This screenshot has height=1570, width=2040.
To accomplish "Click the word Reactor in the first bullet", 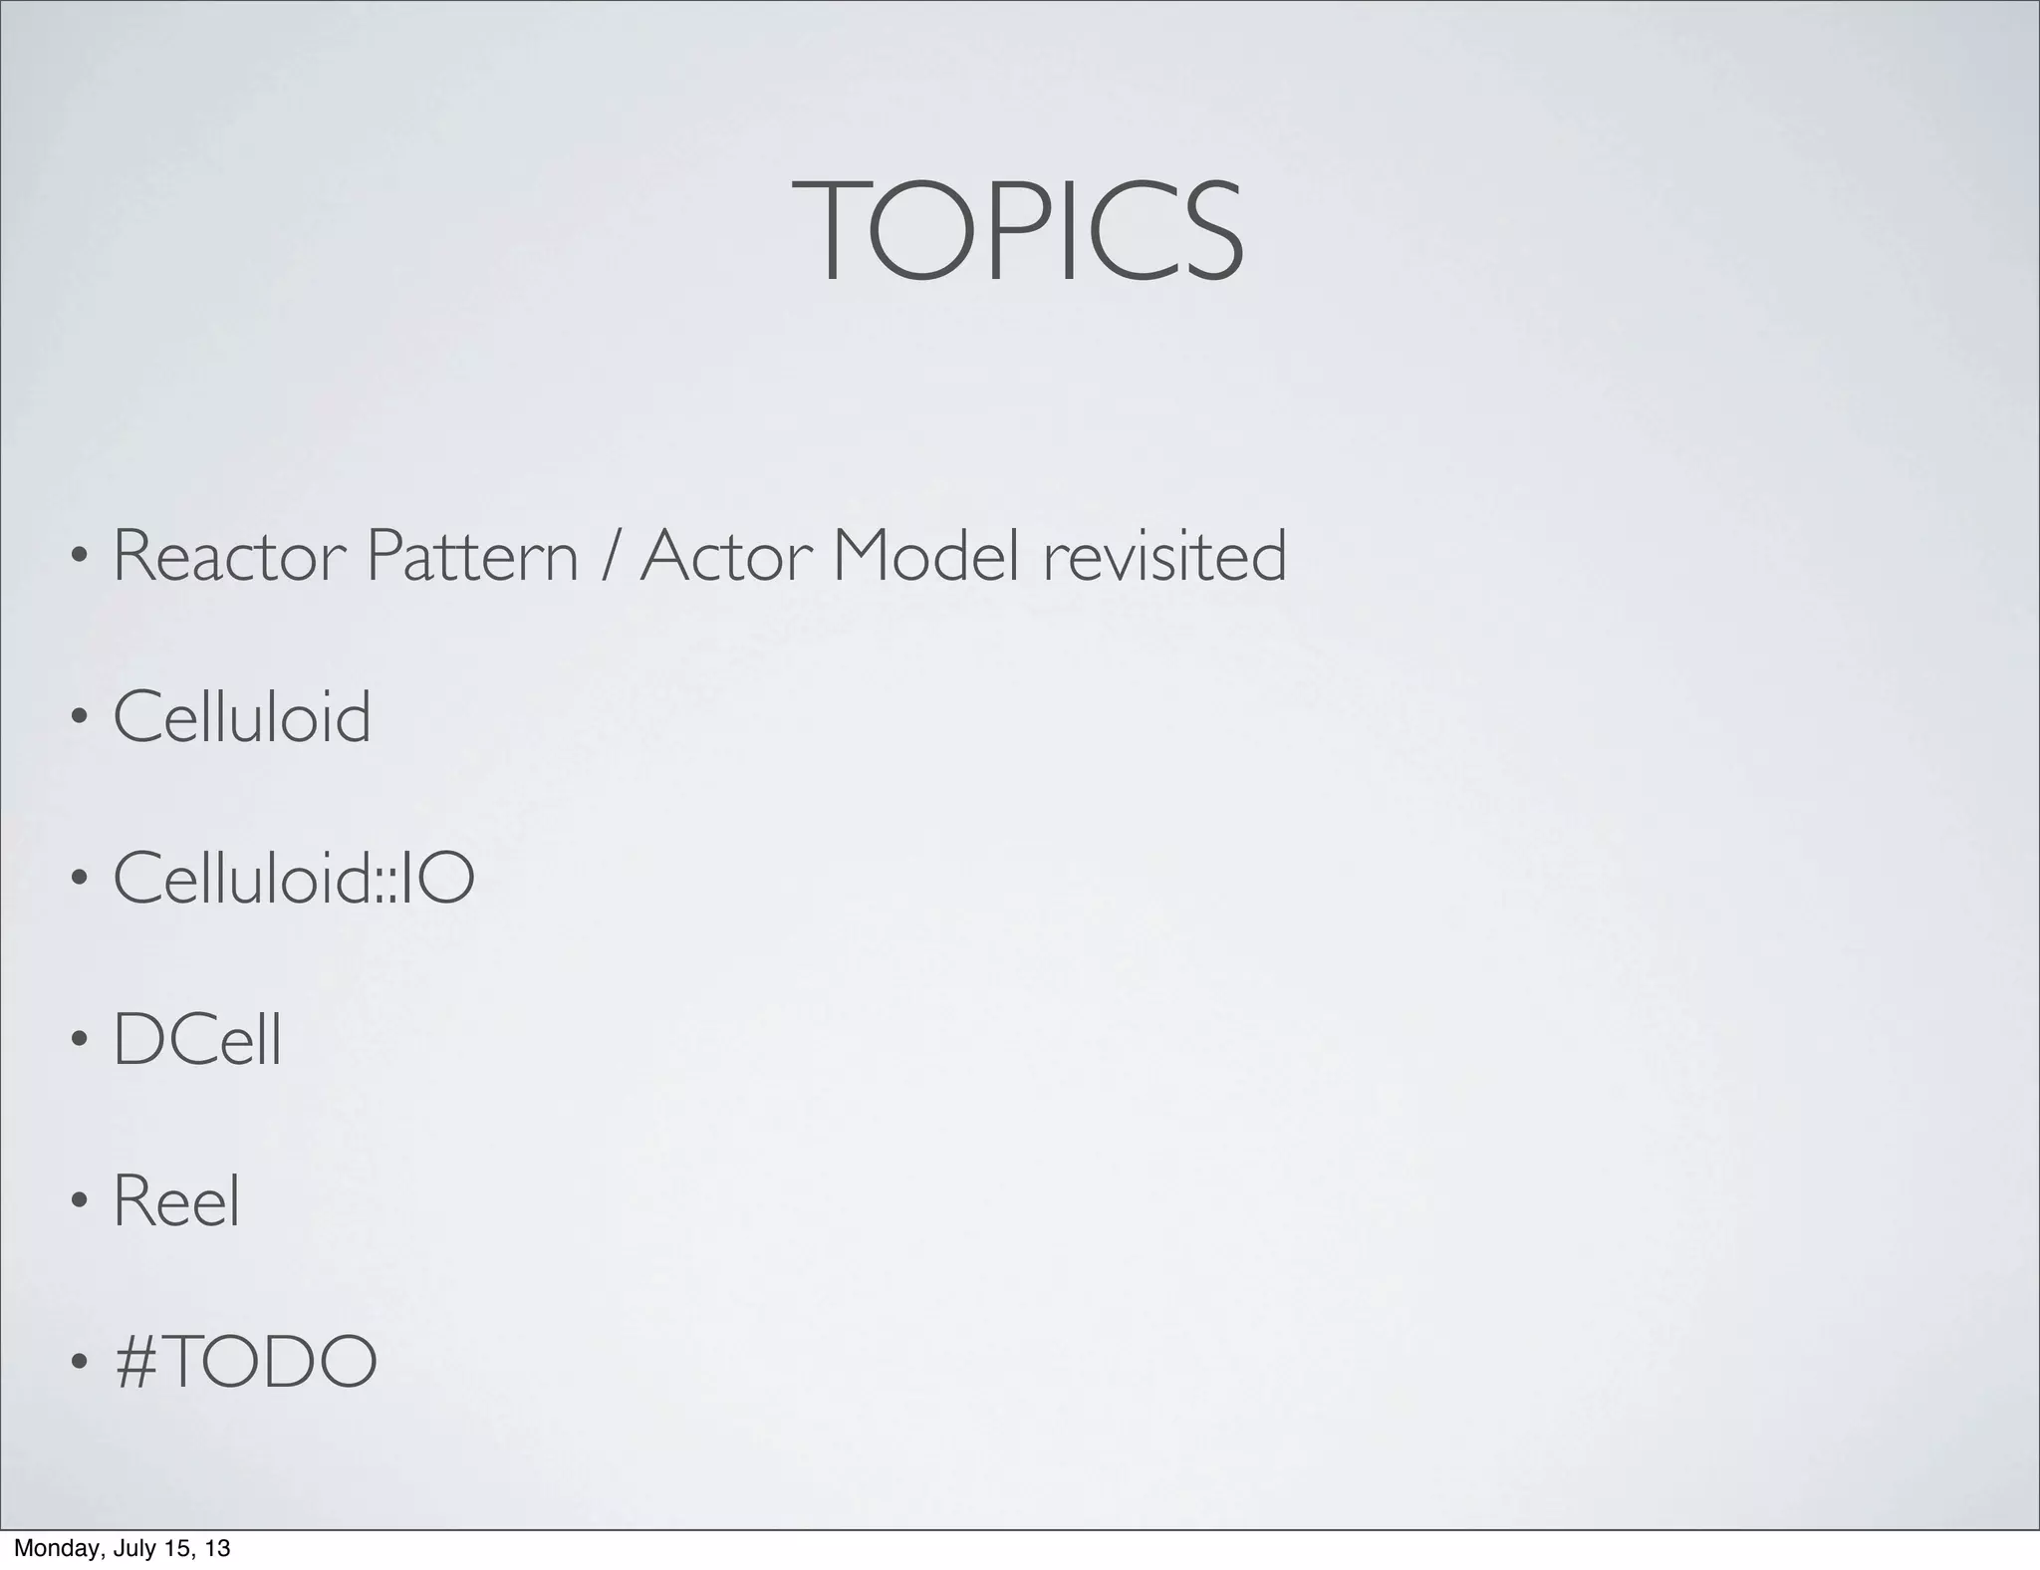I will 225,556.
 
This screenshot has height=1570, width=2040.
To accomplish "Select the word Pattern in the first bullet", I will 471,556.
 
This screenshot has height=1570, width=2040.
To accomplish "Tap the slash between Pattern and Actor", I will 609,556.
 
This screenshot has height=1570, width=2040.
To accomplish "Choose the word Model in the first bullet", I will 925,556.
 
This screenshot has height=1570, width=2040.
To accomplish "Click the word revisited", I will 1164,556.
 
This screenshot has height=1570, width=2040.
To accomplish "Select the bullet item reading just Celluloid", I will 242,717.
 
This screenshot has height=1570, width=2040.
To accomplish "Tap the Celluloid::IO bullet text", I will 294,878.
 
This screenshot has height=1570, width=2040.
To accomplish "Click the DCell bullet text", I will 197,1040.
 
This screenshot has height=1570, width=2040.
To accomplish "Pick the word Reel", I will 176,1201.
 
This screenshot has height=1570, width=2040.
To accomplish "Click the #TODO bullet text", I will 246,1362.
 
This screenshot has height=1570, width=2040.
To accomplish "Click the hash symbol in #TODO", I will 136,1362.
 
